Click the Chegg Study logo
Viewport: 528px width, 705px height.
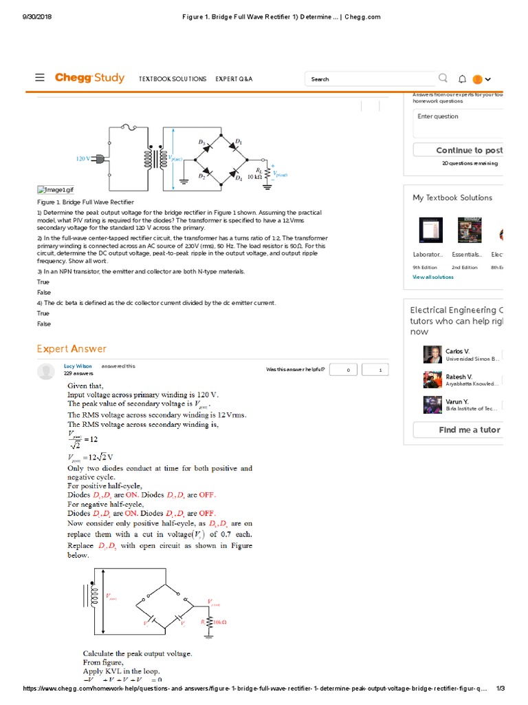click(89, 78)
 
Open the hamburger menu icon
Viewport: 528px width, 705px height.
click(41, 78)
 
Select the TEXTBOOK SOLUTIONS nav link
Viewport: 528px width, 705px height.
click(173, 79)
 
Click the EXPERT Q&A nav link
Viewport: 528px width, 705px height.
click(234, 79)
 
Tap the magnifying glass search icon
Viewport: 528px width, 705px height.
click(443, 78)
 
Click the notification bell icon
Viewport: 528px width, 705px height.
click(462, 79)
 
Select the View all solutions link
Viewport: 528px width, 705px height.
click(432, 277)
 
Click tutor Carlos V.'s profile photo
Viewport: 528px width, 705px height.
click(432, 354)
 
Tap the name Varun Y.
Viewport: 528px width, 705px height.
click(457, 401)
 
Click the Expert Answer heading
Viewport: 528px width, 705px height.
click(71, 349)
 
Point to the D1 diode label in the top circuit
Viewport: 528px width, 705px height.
click(239, 142)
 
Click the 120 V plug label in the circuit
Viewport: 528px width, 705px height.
click(83, 159)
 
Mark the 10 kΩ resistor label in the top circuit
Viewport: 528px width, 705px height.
click(254, 177)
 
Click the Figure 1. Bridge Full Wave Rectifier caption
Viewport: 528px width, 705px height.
click(85, 202)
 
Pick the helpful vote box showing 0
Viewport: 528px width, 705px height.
click(347, 370)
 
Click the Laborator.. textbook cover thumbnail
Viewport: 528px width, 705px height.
click(430, 231)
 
